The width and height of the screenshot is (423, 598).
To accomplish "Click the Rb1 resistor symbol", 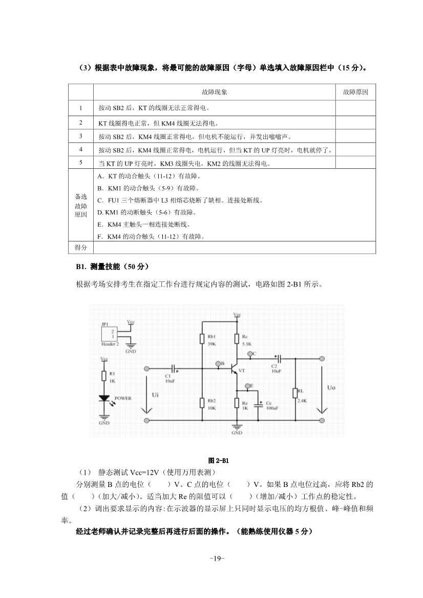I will click(x=202, y=339).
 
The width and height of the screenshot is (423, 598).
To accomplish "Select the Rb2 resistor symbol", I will click(x=202, y=403).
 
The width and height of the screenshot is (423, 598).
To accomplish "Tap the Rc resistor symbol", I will click(x=236, y=339).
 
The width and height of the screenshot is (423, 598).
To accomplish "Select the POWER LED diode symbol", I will click(x=104, y=398).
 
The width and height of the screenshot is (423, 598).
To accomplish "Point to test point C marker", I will click(x=249, y=354).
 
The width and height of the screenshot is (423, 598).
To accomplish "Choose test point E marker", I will click(x=246, y=386).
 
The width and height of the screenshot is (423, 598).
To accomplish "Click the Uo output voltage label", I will click(x=331, y=388).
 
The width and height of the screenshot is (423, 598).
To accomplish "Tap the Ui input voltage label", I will click(x=156, y=395).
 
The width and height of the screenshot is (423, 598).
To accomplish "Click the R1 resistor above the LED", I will click(x=104, y=376).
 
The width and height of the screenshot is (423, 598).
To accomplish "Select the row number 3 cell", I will click(x=81, y=136).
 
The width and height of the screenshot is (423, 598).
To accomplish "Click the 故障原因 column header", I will click(x=355, y=92).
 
